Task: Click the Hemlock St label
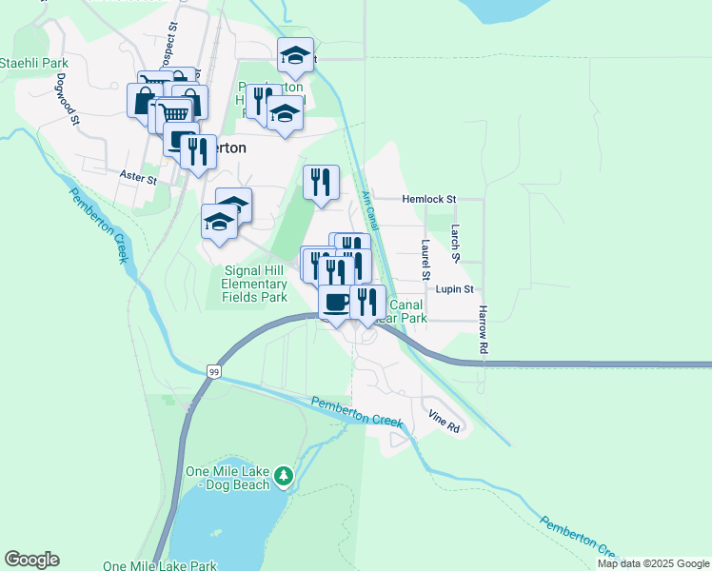click(429, 199)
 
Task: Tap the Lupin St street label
click(455, 288)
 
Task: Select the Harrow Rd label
click(484, 331)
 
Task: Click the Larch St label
click(456, 244)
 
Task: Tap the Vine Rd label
click(444, 422)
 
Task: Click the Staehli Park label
click(28, 63)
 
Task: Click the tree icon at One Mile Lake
click(283, 474)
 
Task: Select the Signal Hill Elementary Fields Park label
click(254, 284)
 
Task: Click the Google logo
click(31, 560)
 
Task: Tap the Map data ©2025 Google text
click(653, 563)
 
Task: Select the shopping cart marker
click(172, 114)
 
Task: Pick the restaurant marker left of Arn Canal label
click(321, 181)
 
